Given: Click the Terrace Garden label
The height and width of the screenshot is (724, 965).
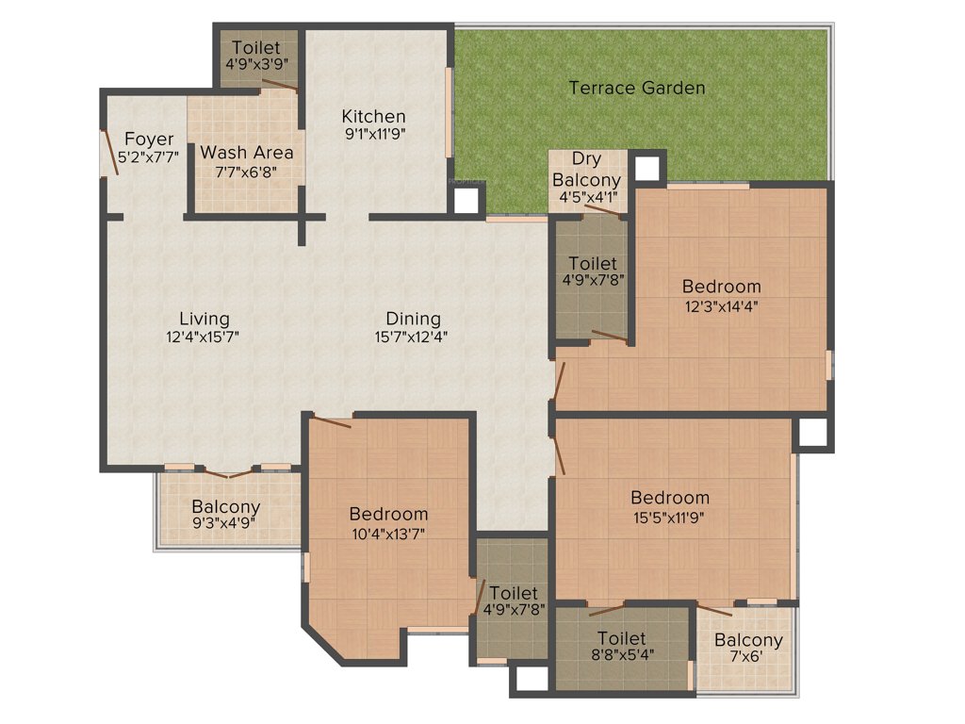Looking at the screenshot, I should point(637,88).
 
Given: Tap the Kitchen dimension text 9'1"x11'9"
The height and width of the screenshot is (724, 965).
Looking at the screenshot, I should point(373,134).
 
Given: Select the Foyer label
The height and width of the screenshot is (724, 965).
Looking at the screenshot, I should point(149,140).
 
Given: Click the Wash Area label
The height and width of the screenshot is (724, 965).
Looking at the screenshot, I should point(247,152).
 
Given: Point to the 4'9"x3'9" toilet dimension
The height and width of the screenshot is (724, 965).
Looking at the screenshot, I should point(256,64).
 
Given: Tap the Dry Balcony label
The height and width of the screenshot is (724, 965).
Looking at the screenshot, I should point(586,170).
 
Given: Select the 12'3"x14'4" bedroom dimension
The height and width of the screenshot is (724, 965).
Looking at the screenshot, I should point(721,304).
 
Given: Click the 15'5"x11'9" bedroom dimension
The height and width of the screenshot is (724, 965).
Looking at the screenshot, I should point(670,516).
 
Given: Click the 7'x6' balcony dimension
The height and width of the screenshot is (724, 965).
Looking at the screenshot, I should point(748,658).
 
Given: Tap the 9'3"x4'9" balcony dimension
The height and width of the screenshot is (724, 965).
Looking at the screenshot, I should point(225,524).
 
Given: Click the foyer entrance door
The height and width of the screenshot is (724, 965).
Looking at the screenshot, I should point(109,153).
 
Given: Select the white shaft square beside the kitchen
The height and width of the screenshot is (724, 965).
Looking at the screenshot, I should point(466,200).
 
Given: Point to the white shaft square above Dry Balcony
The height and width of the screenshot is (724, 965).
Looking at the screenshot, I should point(646,168).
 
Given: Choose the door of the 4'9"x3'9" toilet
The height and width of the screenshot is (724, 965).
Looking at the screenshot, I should point(279,86).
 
